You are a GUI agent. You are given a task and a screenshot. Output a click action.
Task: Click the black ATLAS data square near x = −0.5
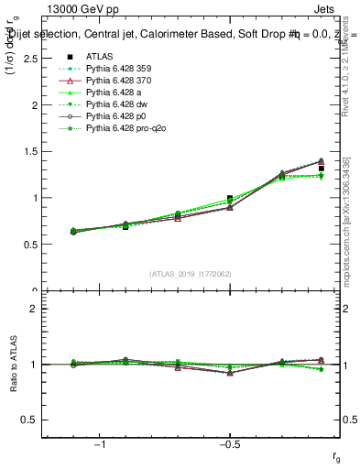coord(230,198)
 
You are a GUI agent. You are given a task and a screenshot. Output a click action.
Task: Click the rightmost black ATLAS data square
coord(321,169)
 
